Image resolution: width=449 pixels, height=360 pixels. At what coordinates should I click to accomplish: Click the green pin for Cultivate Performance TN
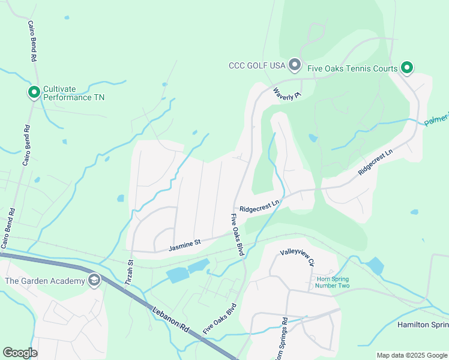pos(34,92)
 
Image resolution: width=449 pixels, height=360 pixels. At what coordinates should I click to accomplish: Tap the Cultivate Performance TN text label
pos(73,93)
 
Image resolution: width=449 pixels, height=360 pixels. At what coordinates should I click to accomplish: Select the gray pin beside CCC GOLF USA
pos(294,64)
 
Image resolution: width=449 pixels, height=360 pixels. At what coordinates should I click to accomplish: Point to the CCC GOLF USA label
pos(256,66)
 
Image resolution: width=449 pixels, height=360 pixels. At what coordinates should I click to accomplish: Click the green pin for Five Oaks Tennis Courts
pos(406,68)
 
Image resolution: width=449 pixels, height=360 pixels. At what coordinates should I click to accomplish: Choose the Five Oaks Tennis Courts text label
pos(352,68)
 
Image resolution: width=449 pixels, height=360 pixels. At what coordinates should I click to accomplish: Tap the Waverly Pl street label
pos(286,94)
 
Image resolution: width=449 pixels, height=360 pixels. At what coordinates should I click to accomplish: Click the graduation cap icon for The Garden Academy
pos(94,280)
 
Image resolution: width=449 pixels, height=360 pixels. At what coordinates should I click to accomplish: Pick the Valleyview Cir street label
pos(297,258)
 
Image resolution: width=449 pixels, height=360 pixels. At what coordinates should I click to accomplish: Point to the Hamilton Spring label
pos(423,325)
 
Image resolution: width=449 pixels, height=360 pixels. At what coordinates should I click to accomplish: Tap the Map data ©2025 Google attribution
pos(411,355)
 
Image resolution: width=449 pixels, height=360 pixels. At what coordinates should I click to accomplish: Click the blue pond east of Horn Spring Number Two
pos(375,265)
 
